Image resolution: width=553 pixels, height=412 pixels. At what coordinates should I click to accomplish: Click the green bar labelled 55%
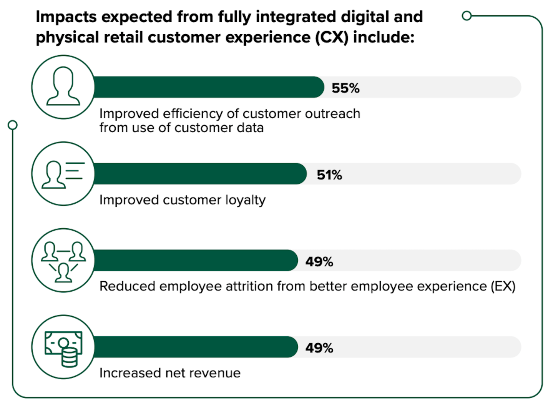tap(208, 87)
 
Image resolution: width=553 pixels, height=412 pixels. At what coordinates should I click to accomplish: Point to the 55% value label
tap(345, 88)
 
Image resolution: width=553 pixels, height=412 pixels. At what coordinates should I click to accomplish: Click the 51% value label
tap(329, 175)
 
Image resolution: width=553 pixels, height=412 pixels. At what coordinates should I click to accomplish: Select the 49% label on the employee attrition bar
tap(319, 262)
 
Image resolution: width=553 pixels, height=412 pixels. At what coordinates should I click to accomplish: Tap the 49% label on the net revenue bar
tap(319, 348)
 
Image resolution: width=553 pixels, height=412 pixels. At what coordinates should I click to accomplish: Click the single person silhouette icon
tap(63, 87)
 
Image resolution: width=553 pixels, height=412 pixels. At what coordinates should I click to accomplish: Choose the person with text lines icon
tap(63, 174)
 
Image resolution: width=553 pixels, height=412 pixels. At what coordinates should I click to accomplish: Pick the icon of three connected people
tap(63, 261)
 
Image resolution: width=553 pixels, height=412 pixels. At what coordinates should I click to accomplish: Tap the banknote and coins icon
tap(63, 347)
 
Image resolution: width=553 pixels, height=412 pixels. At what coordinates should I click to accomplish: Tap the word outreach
tap(332, 114)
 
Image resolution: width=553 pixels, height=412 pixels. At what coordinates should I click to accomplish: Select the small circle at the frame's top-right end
tap(467, 16)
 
